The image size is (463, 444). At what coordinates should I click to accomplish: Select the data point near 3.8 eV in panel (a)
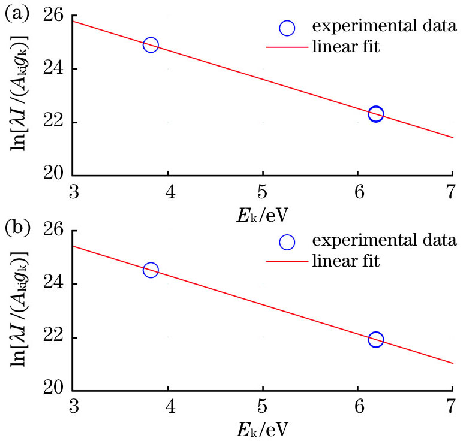coord(151,45)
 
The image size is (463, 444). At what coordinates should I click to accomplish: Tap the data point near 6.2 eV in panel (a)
coord(376,114)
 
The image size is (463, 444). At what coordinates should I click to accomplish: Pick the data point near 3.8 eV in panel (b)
coord(151,270)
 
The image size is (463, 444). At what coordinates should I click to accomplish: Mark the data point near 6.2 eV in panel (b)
coord(376,340)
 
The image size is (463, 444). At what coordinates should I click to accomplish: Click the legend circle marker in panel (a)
coord(287,28)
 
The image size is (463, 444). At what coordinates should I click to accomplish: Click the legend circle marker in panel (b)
coord(287,241)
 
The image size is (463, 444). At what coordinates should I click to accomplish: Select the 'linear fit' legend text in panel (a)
coord(346,46)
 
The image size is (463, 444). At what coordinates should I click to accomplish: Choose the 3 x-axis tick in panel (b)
coord(73,409)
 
